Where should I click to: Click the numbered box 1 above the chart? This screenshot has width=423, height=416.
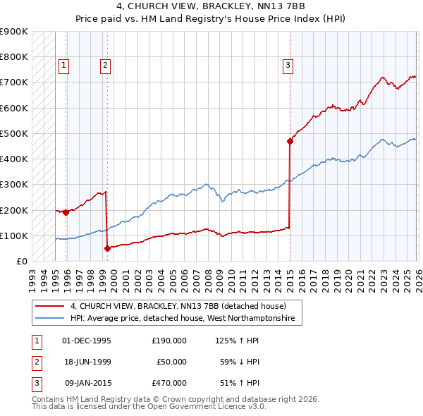63,66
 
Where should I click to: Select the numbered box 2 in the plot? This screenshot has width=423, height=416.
105,66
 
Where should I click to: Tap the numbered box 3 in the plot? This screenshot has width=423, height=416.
288,66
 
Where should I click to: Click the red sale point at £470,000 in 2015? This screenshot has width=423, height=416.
290,141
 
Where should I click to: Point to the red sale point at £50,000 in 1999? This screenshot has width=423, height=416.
107,248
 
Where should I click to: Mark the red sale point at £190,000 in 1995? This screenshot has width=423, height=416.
66,212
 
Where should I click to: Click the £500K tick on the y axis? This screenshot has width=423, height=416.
14,133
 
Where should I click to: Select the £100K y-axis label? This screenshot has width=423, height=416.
14,235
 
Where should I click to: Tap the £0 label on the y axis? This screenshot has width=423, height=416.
21,262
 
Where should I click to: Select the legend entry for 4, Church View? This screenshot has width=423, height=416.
178,307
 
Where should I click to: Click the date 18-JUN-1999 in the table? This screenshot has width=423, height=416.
87,362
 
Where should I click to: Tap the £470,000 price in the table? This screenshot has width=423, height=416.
169,384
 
